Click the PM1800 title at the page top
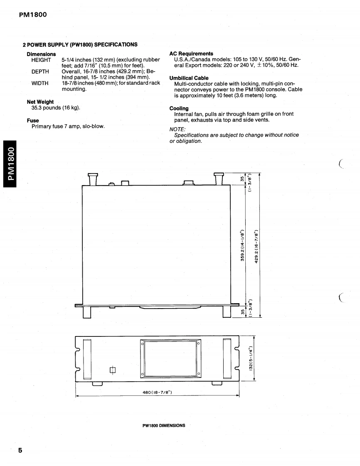tap(33, 15)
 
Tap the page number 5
tap(20, 451)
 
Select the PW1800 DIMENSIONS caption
tap(164, 425)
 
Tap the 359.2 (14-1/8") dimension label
tap(242, 244)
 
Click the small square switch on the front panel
tap(112, 370)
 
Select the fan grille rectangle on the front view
tap(170, 358)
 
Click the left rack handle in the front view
tap(87, 358)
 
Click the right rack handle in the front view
tap(227, 358)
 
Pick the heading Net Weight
tap(40, 102)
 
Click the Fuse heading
tap(33, 120)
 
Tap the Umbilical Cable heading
tap(189, 78)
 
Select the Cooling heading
tap(179, 108)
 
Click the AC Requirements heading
tap(191, 54)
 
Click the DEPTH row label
tap(40, 71)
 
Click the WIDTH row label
tap(40, 83)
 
